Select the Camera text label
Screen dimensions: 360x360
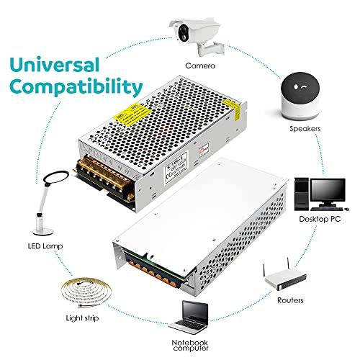(199, 66)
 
